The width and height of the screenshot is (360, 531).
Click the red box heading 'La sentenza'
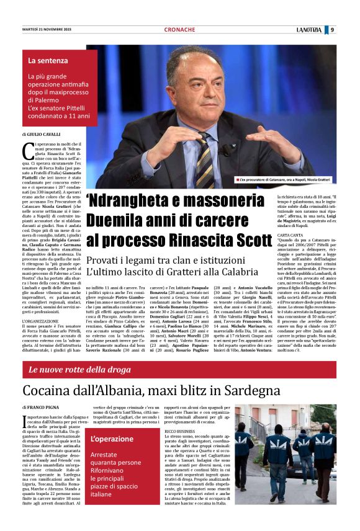pos(48,61)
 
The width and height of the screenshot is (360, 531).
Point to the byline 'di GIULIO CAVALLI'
pos(43,134)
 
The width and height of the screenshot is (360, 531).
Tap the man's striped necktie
pos(204,159)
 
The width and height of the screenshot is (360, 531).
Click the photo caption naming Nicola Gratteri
pos(285,179)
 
